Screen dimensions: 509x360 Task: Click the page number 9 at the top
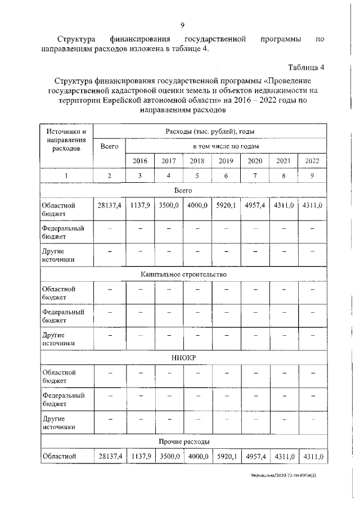(183, 25)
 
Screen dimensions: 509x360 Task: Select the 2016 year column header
(139, 161)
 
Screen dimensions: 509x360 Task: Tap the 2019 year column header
(226, 161)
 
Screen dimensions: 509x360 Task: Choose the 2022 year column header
(312, 161)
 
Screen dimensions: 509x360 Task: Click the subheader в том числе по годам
(226, 146)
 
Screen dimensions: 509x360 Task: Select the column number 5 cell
(197, 176)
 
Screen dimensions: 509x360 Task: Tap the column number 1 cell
(66, 176)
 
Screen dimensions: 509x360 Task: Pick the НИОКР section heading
(183, 358)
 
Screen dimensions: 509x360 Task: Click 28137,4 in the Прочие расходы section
(110, 456)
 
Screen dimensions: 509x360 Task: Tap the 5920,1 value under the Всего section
(226, 206)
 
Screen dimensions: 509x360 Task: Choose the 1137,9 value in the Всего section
(139, 206)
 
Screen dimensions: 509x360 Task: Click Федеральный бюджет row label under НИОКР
(63, 399)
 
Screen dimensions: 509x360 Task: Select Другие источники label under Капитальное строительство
(58, 338)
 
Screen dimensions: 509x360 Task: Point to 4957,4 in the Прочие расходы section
(255, 456)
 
